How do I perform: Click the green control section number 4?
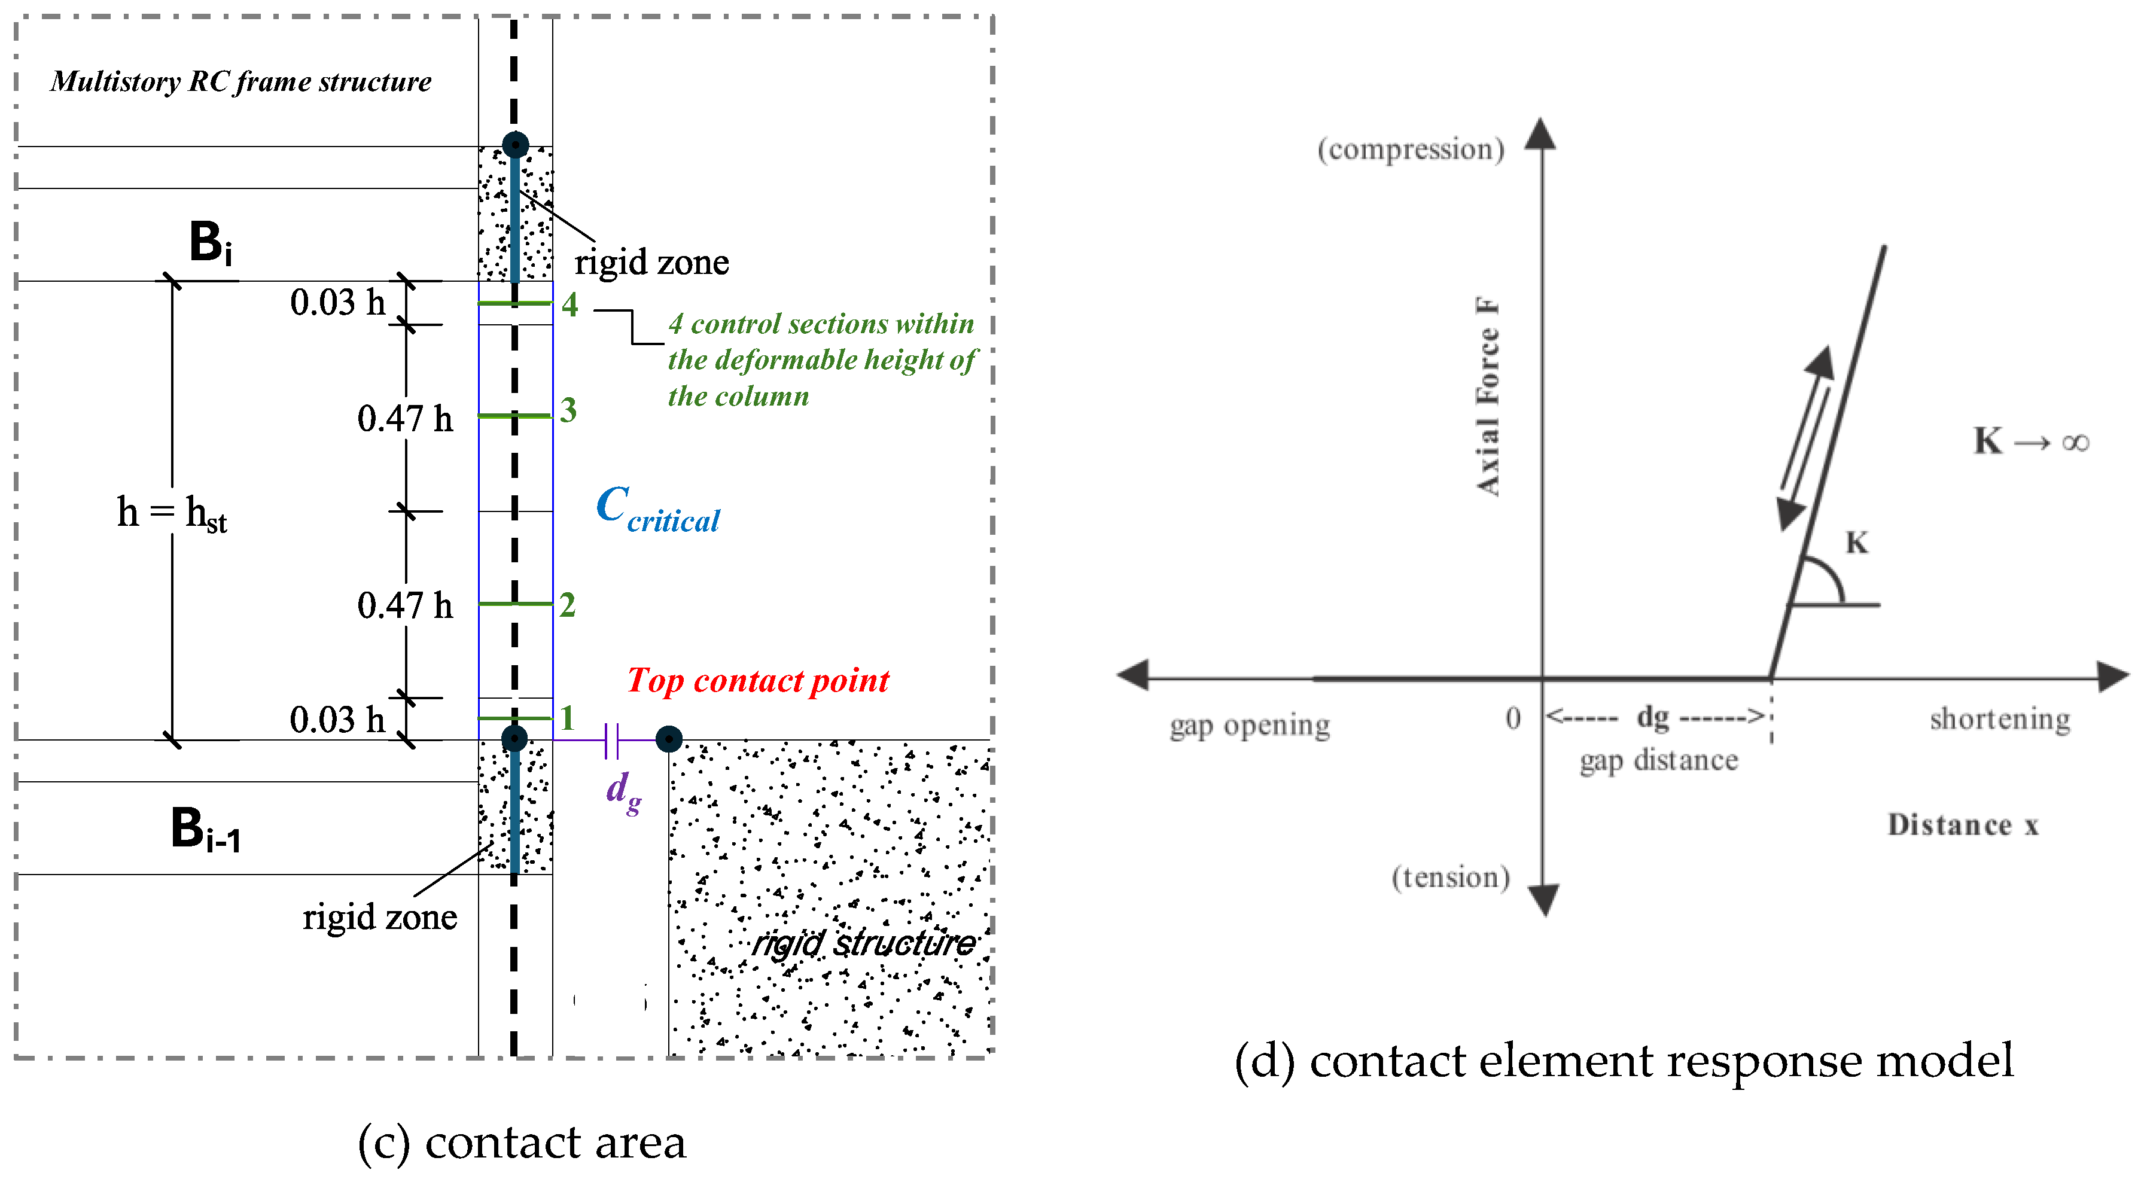[x=569, y=304]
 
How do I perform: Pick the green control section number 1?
[x=567, y=717]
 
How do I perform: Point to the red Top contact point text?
[x=757, y=680]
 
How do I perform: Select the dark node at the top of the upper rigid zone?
[x=515, y=145]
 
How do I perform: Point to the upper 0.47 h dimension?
[x=405, y=418]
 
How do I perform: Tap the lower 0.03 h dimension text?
[x=337, y=719]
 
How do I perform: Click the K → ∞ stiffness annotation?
[x=2030, y=441]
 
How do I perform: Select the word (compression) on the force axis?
[x=1411, y=149]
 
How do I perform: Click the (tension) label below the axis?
[x=1450, y=877]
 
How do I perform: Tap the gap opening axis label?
[x=1249, y=725]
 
